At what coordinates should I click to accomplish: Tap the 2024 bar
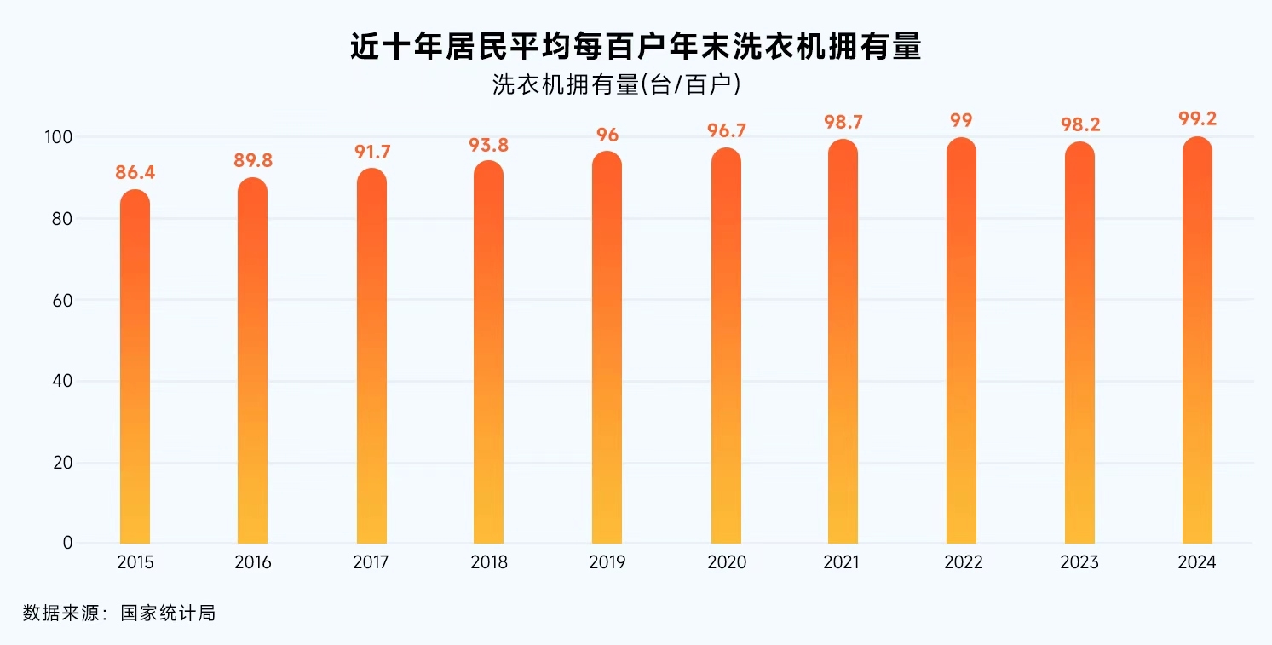point(1197,341)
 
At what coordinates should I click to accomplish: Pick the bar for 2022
point(961,341)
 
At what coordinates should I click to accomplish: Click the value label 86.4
point(135,173)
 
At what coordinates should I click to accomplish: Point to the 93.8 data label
point(489,145)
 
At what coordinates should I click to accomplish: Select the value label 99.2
point(1197,119)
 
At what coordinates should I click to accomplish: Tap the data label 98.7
point(843,122)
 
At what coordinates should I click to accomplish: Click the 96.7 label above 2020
point(726,131)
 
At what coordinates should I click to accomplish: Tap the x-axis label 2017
point(371,563)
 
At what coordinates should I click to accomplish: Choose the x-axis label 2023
point(1079,563)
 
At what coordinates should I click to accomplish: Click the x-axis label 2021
point(843,563)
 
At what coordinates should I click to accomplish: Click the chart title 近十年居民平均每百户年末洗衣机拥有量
point(636,46)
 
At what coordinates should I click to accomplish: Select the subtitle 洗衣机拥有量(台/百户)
point(615,84)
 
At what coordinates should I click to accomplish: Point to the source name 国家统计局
point(168,613)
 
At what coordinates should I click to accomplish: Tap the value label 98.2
point(1079,124)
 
